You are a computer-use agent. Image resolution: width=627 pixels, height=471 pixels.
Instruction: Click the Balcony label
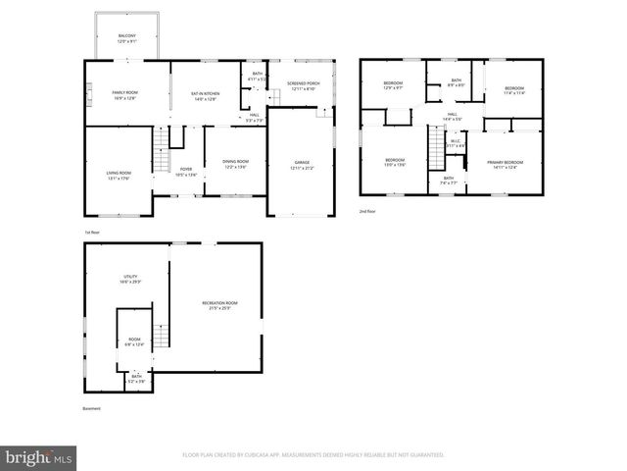(x=127, y=36)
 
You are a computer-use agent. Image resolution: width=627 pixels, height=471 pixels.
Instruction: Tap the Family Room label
(x=125, y=94)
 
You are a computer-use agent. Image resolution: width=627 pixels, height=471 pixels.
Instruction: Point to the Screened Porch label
(x=303, y=85)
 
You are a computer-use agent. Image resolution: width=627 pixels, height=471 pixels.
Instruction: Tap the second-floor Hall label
(x=453, y=117)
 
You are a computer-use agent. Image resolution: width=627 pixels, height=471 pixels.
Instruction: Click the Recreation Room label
(x=219, y=305)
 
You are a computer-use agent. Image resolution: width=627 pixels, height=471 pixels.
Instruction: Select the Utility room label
(x=129, y=280)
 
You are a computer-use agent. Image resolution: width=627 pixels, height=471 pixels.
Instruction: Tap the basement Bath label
(x=137, y=378)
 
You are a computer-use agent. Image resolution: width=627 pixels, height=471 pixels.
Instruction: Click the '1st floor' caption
(x=92, y=232)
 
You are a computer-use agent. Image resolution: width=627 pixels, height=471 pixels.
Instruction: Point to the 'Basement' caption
(x=91, y=409)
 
